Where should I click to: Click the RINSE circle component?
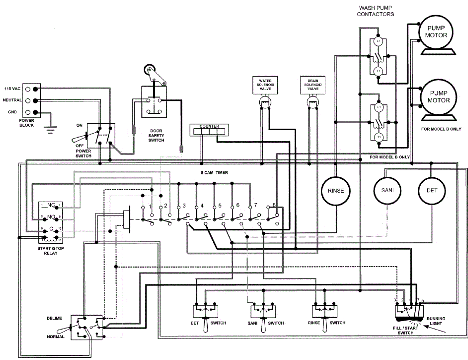pos(335,191)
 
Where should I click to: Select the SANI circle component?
pos(387,191)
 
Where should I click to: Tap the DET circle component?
pos(432,191)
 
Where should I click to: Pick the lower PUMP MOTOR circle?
pos(438,97)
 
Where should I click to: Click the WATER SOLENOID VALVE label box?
pos(265,85)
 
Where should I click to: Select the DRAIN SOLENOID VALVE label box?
pos(313,85)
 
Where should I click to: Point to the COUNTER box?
pos(209,130)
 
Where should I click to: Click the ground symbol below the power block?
pos(50,129)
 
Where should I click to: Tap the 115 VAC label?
pos(12,89)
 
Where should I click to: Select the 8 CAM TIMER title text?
pos(214,173)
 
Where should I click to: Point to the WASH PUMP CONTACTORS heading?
pos(375,11)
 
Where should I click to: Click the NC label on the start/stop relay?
pos(51,205)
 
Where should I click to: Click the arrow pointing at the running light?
pos(435,330)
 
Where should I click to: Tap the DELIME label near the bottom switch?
pos(54,318)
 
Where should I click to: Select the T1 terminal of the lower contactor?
pos(379,137)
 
